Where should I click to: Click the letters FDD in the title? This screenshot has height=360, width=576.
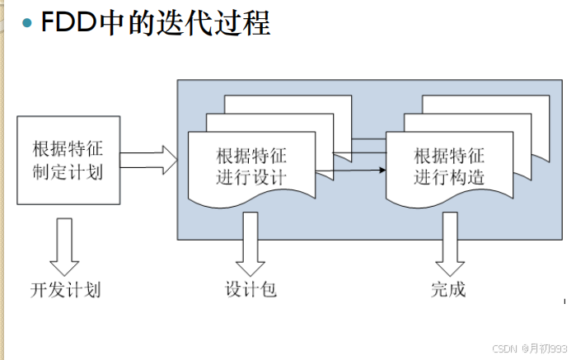(x=69, y=22)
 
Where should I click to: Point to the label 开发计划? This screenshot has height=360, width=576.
(x=66, y=290)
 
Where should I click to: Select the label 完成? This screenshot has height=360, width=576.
(x=447, y=290)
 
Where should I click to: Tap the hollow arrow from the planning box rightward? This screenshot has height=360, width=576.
(x=151, y=160)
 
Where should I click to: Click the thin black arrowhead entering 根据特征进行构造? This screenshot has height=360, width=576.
(x=382, y=171)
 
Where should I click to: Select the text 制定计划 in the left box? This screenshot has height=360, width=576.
(x=68, y=171)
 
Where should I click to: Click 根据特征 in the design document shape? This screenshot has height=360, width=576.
(x=251, y=156)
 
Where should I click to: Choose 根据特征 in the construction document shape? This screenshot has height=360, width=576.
(x=449, y=156)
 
